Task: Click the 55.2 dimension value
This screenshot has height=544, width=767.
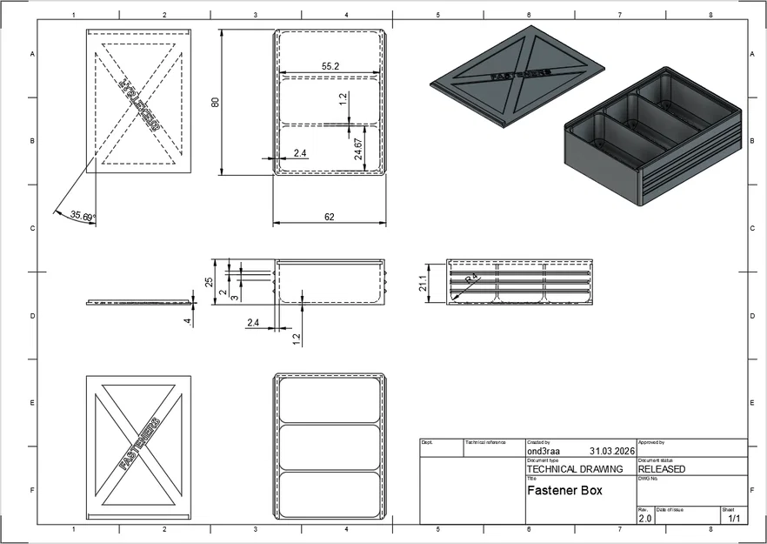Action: (330, 66)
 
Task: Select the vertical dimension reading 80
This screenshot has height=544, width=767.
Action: (215, 101)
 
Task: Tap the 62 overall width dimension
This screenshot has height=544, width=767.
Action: (330, 217)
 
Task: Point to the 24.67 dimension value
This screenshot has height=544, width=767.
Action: (358, 148)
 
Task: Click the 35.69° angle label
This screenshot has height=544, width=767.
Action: (83, 215)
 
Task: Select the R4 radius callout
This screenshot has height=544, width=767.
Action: (470, 279)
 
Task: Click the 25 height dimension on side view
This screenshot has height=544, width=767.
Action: (209, 281)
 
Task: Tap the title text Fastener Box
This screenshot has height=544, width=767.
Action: (564, 490)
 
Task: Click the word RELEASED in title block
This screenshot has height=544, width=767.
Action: (661, 469)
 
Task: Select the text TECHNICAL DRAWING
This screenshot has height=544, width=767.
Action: (575, 469)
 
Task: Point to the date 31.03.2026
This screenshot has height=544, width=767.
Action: (612, 452)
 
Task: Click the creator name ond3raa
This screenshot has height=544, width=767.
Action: (544, 452)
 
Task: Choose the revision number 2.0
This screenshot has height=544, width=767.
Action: (644, 519)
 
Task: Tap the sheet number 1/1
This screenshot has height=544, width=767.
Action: (733, 519)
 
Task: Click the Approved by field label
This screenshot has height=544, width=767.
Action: (651, 442)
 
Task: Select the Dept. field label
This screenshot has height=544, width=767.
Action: (427, 442)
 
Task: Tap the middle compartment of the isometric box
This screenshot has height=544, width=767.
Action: (637, 125)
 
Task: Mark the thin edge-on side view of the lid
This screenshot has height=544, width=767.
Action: (139, 302)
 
